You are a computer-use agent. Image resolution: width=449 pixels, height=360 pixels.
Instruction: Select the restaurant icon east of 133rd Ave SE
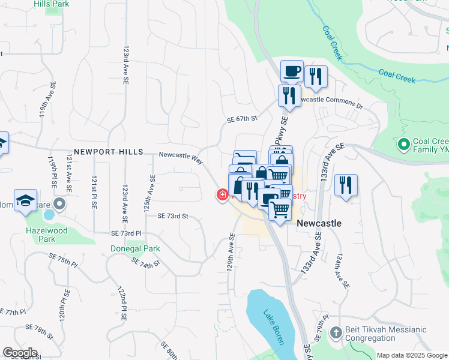pyautogui.click(x=346, y=185)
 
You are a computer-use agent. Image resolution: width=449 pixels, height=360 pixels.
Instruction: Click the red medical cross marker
pyautogui.click(x=222, y=194)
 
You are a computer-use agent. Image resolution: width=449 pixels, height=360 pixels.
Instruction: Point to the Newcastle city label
pyautogui.click(x=319, y=223)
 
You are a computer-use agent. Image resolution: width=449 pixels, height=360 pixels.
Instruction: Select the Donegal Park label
pyautogui.click(x=135, y=248)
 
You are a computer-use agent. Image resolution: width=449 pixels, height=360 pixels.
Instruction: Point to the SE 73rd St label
pyautogui.click(x=173, y=216)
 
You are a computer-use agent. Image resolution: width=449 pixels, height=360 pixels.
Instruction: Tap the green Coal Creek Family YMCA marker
pyautogui.click(x=403, y=145)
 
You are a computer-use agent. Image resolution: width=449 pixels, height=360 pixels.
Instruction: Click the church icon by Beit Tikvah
pyautogui.click(x=336, y=332)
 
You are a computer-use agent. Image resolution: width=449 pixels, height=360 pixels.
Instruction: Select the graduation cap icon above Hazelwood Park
pyautogui.click(x=26, y=201)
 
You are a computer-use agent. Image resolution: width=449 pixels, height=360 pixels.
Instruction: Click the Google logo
pyautogui.click(x=20, y=353)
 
